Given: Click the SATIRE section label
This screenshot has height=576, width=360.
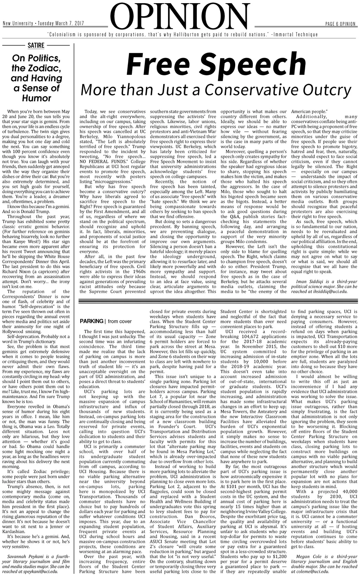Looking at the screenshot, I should point(36,45).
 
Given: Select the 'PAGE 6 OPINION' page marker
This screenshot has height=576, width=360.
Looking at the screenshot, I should point(340,24).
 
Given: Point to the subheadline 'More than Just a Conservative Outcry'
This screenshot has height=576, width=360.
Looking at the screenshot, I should point(216,90).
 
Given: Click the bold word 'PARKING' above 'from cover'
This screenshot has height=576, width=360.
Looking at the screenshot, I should point(91,321).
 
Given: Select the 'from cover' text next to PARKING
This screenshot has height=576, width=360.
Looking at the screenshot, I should point(120,321).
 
